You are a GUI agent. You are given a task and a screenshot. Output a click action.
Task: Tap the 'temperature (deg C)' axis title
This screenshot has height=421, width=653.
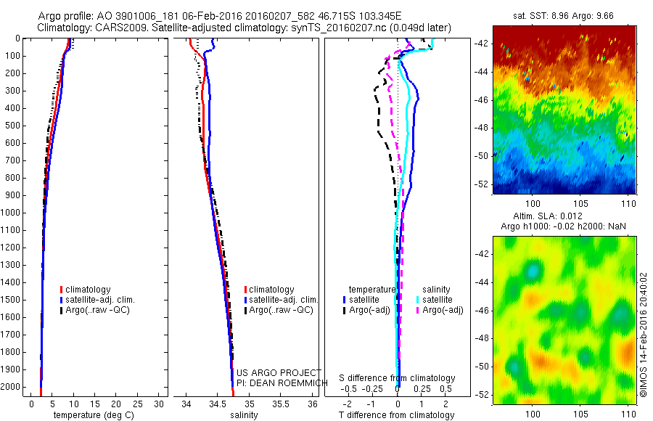coord(92,415)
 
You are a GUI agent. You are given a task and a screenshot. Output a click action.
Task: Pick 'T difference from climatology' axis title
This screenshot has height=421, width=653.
coord(398,415)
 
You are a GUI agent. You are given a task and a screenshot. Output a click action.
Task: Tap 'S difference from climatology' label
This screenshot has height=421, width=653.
coord(398,379)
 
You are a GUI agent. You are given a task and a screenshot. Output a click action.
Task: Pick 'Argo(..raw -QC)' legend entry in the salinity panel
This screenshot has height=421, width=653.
coord(281,310)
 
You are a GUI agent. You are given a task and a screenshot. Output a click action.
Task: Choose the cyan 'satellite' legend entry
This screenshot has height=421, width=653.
coord(438,299)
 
